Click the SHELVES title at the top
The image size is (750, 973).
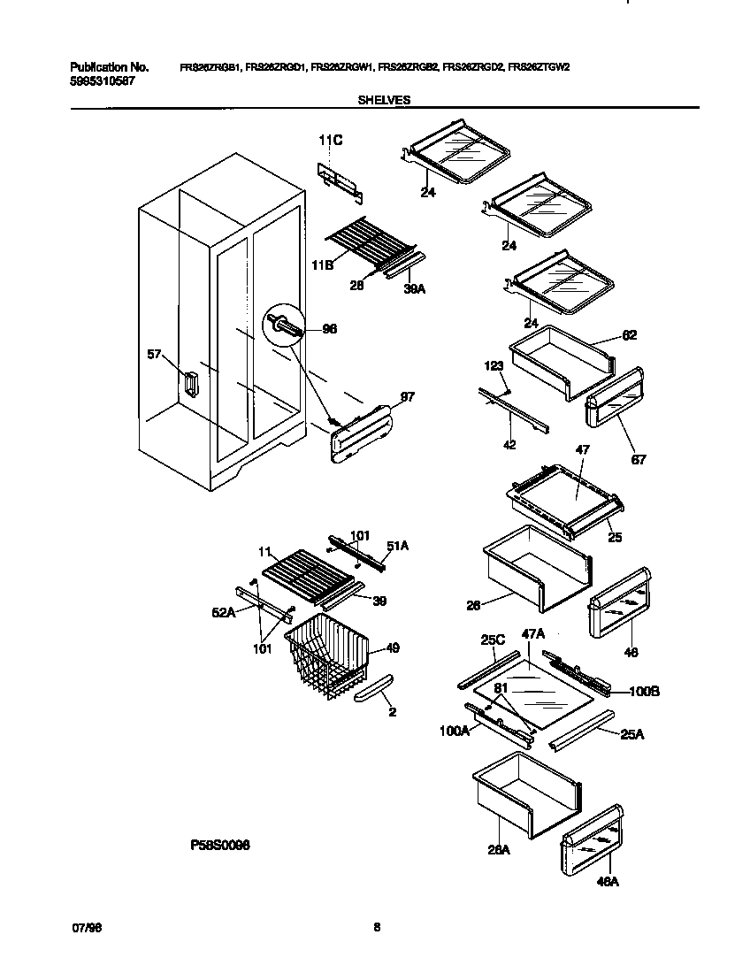[x=383, y=101]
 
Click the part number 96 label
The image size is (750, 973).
[x=330, y=329]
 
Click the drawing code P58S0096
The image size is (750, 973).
[x=220, y=846]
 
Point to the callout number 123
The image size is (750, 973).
[x=493, y=364]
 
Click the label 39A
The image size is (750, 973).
[x=413, y=288]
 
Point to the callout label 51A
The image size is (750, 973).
[x=398, y=546]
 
